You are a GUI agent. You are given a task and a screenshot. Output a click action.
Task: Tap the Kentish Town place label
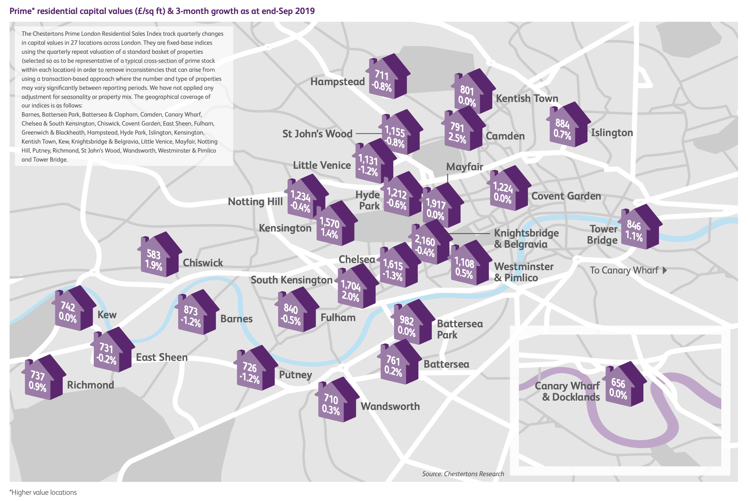tap(527, 99)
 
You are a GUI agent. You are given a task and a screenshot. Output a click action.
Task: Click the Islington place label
tap(611, 133)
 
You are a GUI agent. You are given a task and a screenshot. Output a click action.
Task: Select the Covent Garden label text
tap(566, 196)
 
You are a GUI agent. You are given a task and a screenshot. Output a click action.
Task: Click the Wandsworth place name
tap(390, 406)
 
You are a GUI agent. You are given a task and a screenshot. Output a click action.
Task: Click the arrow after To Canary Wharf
tap(665, 270)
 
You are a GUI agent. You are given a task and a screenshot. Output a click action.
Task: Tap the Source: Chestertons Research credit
tap(463, 474)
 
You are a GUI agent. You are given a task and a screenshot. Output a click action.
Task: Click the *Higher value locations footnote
tap(43, 492)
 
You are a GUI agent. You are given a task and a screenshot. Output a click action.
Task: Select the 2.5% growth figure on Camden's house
tap(457, 138)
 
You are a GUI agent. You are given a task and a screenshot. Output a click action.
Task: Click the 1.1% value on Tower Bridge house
tap(634, 237)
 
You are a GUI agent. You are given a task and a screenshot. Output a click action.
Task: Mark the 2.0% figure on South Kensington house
tap(350, 296)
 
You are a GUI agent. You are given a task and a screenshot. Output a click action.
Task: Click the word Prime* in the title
tap(22, 11)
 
